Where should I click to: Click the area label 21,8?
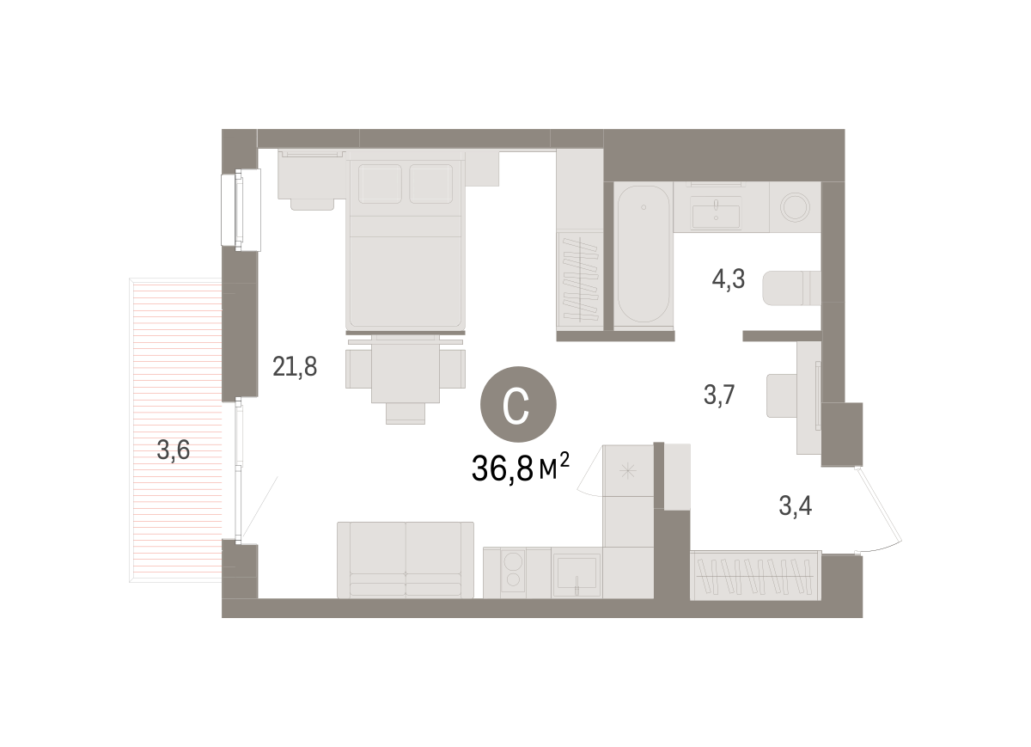click(x=295, y=367)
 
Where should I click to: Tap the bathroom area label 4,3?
click(x=729, y=279)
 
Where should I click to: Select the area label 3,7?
click(x=719, y=395)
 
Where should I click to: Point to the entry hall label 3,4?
click(x=795, y=505)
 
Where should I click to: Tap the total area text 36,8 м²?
click(x=521, y=468)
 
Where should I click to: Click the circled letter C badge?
click(x=518, y=404)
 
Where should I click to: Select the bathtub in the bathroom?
click(x=644, y=254)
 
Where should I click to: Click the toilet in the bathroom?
click(x=791, y=288)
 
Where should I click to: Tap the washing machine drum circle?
click(x=795, y=207)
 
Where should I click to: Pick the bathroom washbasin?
click(x=717, y=211)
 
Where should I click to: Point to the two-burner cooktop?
click(x=513, y=571)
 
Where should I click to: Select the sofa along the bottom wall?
click(x=406, y=560)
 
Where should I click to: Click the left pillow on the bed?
click(x=380, y=183)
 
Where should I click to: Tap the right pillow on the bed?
click(x=430, y=183)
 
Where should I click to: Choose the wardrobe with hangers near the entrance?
click(x=755, y=576)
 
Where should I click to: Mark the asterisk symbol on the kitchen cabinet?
click(x=627, y=471)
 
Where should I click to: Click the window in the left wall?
click(x=241, y=210)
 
